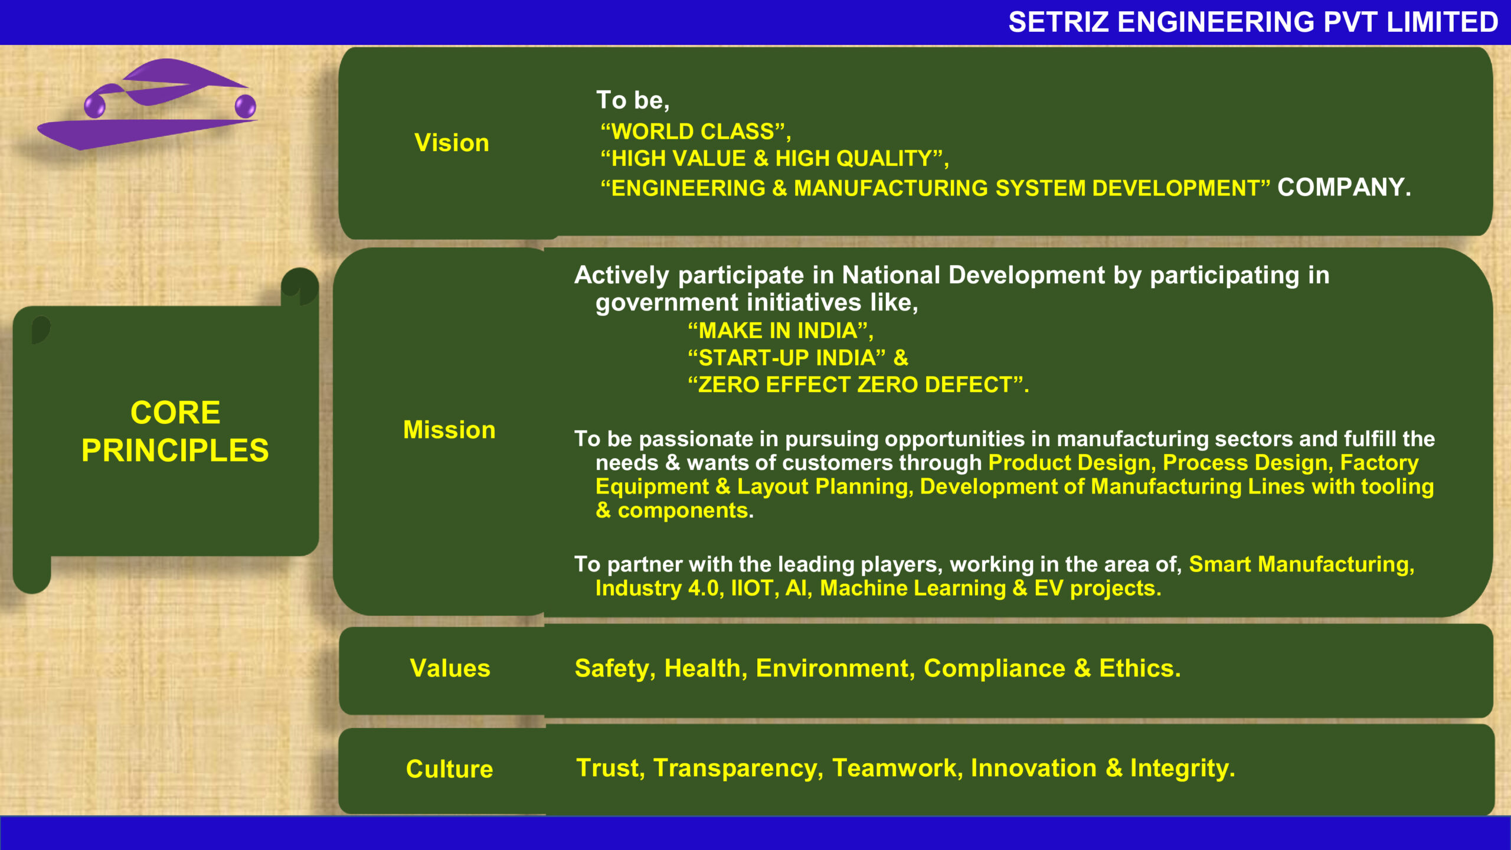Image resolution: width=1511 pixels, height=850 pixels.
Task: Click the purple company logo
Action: click(148, 104)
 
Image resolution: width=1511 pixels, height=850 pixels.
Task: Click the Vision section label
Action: click(452, 143)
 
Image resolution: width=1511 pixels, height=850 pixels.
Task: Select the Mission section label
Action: click(449, 430)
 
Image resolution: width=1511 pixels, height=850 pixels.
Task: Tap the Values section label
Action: click(450, 668)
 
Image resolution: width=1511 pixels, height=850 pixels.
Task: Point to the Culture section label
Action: click(449, 769)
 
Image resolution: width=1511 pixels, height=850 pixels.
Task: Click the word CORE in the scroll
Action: click(175, 412)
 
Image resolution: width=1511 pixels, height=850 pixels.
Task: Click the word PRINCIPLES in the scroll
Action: click(175, 450)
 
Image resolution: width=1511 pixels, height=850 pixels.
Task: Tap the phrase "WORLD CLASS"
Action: click(693, 131)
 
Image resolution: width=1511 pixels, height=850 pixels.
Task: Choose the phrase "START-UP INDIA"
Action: click(787, 358)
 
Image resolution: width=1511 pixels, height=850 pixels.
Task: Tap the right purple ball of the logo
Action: click(246, 106)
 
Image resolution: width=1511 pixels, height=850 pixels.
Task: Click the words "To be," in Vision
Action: click(633, 100)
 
